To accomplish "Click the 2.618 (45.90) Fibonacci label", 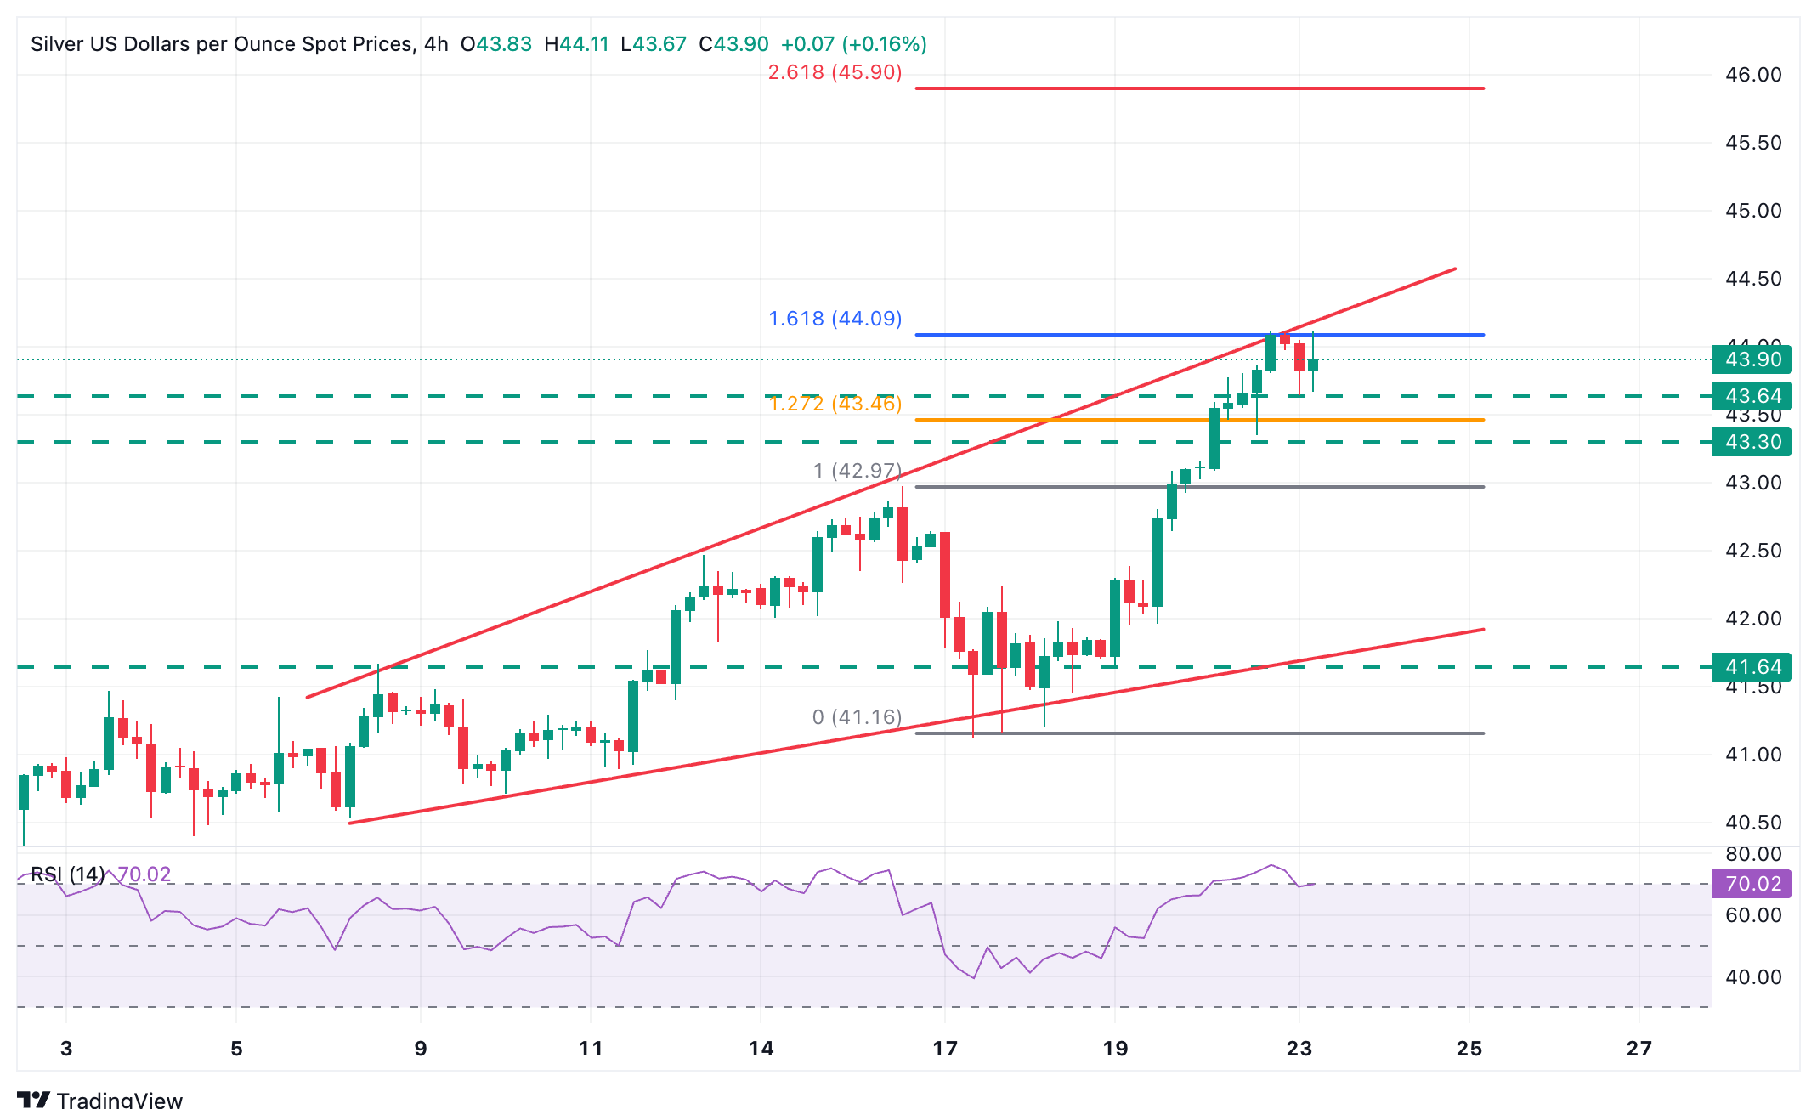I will [x=835, y=72].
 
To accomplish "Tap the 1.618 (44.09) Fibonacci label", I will [x=835, y=319].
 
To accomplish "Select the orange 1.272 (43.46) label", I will [x=835, y=404].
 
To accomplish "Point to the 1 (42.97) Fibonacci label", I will [x=857, y=471].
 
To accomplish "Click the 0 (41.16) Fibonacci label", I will [x=857, y=717].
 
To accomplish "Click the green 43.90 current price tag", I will [x=1752, y=359].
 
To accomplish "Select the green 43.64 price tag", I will [x=1752, y=396].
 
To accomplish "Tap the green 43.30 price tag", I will [x=1752, y=442].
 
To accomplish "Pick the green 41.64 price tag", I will [x=1752, y=667].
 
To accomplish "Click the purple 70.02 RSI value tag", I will [x=1752, y=884].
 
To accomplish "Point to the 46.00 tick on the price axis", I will [x=1752, y=75].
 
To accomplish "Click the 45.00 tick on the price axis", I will [x=1752, y=211].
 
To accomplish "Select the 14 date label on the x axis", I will [x=761, y=1049].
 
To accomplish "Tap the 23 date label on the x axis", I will [x=1299, y=1049].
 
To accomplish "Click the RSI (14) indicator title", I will [x=68, y=874].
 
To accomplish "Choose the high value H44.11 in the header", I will [x=576, y=44].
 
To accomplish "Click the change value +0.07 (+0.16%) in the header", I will [x=853, y=44].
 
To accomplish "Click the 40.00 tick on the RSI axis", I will [x=1752, y=977].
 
